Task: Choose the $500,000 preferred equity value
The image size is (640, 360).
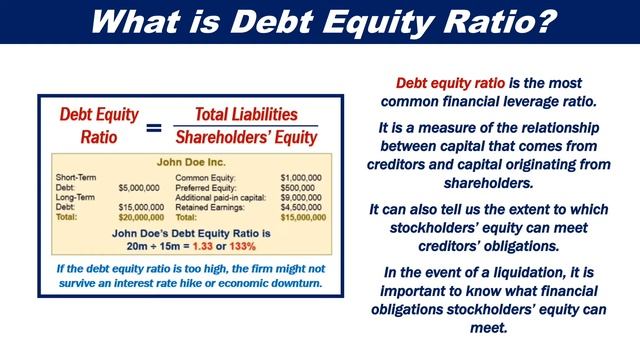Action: coord(306,187)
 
